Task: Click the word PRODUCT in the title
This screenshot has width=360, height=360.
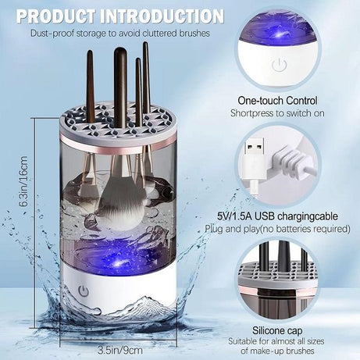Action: (x=54, y=15)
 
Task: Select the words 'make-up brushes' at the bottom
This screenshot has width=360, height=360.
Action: (x=301, y=351)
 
